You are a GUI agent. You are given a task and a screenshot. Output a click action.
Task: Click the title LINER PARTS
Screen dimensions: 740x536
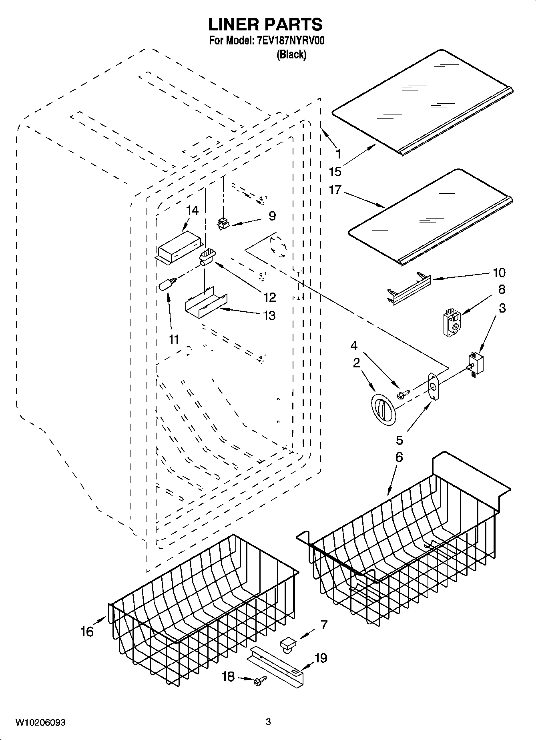pos(265,24)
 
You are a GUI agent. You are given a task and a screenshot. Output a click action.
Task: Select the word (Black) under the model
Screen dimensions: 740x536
pos(291,55)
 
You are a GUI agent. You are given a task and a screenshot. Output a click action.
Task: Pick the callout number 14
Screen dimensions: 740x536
pos(193,211)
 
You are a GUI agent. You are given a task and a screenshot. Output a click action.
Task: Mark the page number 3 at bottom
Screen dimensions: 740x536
pos(268,722)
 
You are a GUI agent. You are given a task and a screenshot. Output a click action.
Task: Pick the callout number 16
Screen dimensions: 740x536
pos(87,632)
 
